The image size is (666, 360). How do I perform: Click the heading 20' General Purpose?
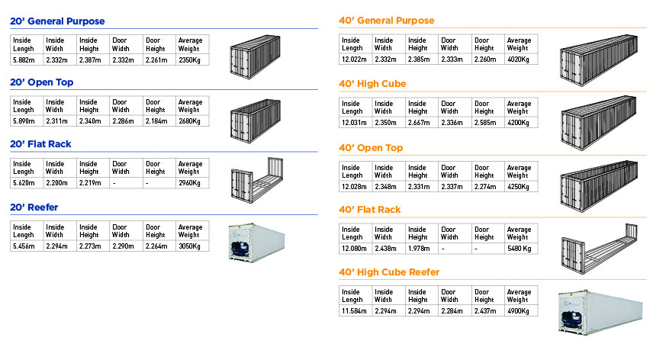(57, 21)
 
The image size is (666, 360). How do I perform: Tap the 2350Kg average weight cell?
(189, 59)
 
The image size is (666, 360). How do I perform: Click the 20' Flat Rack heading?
(46, 143)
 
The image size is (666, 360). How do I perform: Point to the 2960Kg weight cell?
(189, 183)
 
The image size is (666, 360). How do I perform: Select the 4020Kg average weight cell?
(518, 59)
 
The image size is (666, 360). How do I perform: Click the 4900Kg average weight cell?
(518, 310)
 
